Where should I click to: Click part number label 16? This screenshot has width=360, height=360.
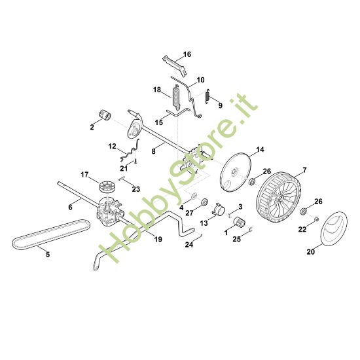coord(187,54)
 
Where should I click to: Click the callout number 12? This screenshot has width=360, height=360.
coord(112,146)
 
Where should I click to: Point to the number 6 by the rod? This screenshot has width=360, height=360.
coord(70,207)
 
